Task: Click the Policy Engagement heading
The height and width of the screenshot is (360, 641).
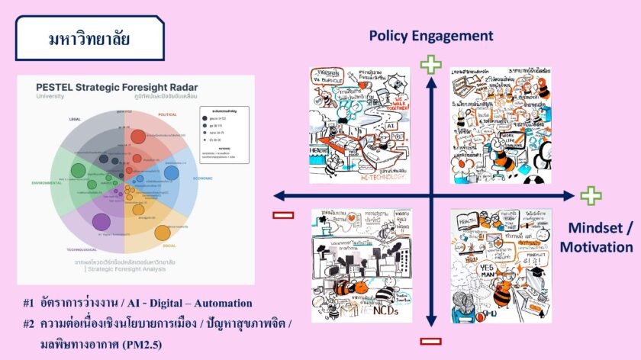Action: (x=431, y=36)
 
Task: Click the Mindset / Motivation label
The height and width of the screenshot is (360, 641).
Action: (x=598, y=236)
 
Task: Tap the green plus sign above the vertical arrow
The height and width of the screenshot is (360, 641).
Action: (x=431, y=64)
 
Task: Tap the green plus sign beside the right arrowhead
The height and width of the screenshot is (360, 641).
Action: (x=591, y=196)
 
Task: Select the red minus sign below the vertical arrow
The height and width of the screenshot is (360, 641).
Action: (x=431, y=341)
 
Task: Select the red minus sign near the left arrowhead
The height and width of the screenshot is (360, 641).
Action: (x=283, y=215)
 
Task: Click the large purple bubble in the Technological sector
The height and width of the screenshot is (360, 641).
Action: (x=101, y=222)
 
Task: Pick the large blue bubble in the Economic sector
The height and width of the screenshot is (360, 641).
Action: (x=172, y=173)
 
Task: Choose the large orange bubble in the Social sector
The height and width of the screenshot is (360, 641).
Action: (x=162, y=233)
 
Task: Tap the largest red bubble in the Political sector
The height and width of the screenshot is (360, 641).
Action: (x=138, y=137)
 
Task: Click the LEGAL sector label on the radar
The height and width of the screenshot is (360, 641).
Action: (x=73, y=119)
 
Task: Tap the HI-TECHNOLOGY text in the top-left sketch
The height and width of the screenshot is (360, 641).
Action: (x=382, y=175)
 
